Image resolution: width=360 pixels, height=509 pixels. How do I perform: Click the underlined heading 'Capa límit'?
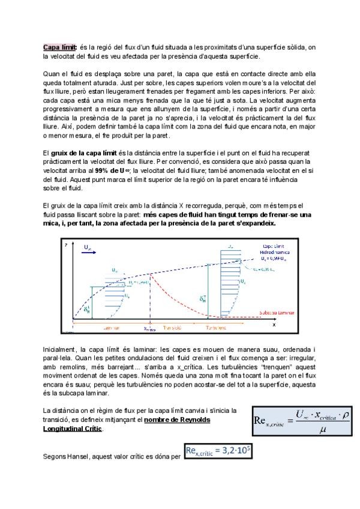(57, 47)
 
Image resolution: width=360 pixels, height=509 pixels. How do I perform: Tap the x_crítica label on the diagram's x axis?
(150, 329)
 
